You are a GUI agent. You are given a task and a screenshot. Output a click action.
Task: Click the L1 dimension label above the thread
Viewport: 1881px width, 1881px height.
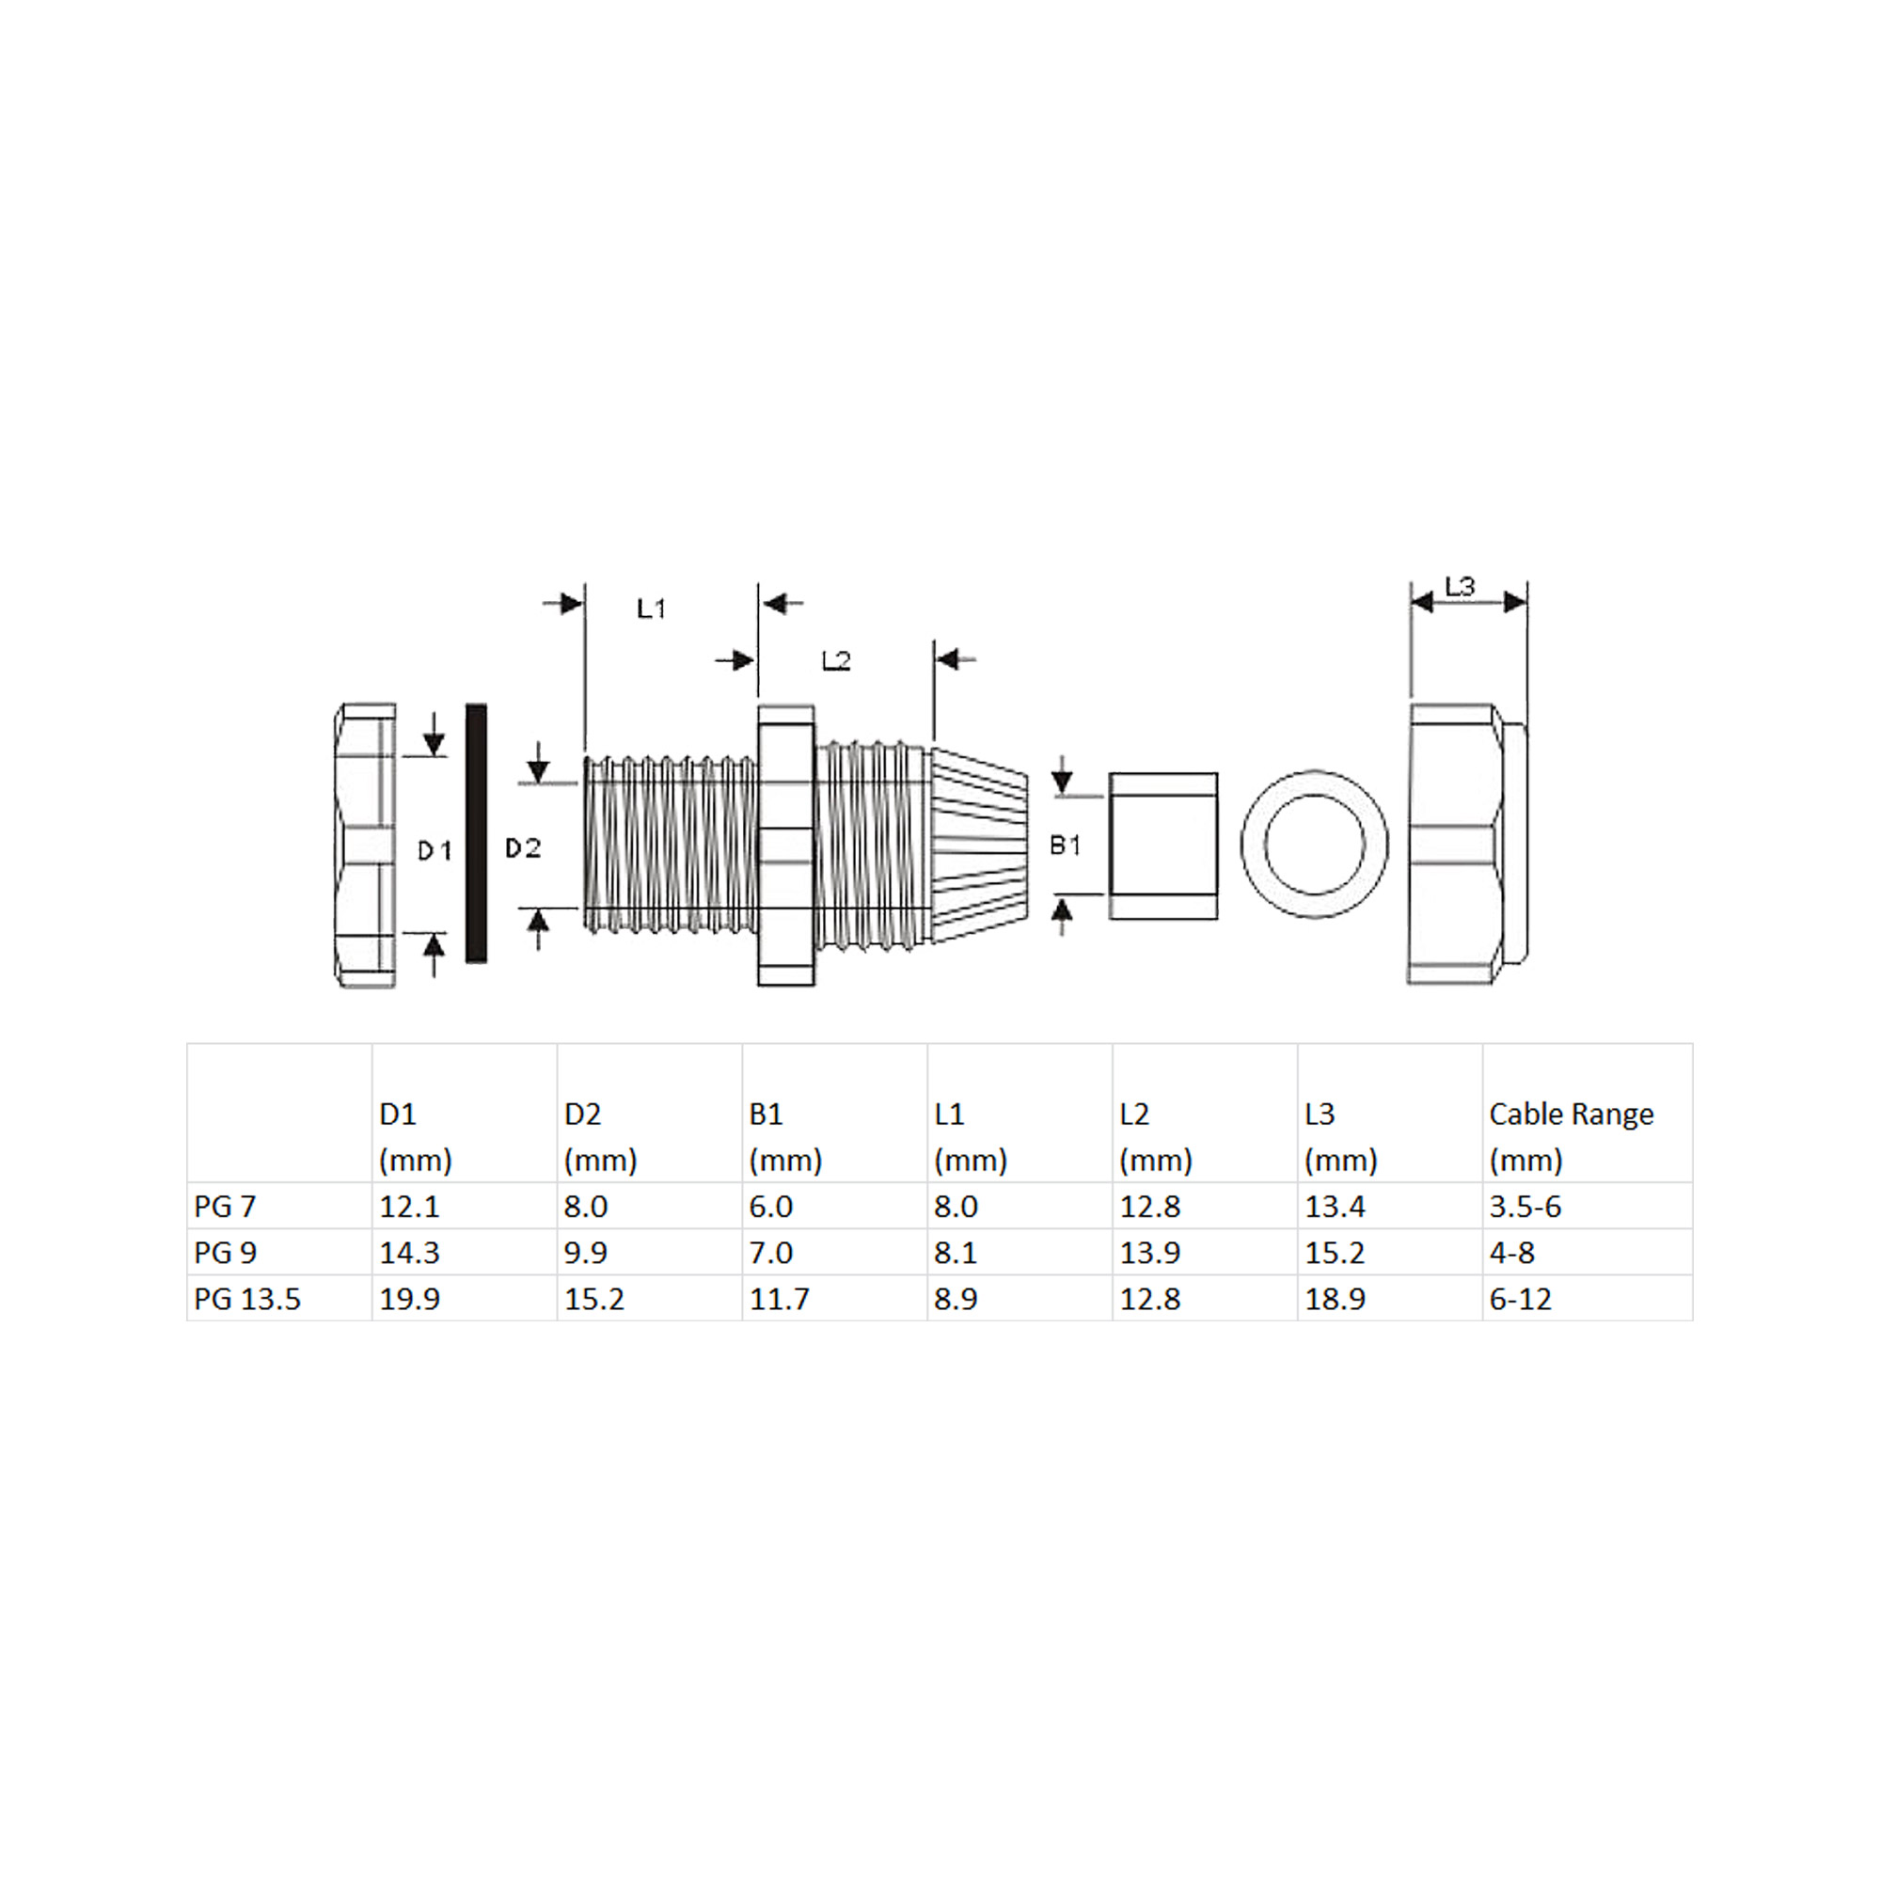pyautogui.click(x=651, y=609)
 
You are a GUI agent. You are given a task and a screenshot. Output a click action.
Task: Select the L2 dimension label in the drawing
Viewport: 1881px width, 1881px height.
pyautogui.click(x=835, y=661)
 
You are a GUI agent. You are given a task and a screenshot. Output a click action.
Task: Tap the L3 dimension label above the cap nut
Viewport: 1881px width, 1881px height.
pyautogui.click(x=1460, y=586)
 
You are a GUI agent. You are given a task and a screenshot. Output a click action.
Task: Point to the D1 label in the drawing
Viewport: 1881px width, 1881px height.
pyautogui.click(x=435, y=851)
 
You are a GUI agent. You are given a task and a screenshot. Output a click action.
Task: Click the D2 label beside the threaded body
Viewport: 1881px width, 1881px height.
pyautogui.click(x=523, y=848)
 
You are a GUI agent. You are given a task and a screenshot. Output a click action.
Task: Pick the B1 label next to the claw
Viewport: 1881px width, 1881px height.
pyautogui.click(x=1066, y=846)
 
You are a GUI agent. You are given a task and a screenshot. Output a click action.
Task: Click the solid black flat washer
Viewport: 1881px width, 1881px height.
pyautogui.click(x=476, y=833)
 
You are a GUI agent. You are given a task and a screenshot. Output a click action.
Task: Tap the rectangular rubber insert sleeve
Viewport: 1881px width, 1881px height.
pyautogui.click(x=1162, y=846)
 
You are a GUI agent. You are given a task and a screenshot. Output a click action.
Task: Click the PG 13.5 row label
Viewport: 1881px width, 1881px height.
pyautogui.click(x=247, y=1299)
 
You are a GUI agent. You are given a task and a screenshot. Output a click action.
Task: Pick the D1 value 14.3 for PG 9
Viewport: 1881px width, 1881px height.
pyautogui.click(x=409, y=1252)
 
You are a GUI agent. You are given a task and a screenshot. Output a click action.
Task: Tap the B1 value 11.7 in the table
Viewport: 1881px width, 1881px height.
pyautogui.click(x=779, y=1299)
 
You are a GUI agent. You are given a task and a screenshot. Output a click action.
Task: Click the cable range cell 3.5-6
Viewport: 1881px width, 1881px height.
pyautogui.click(x=1525, y=1207)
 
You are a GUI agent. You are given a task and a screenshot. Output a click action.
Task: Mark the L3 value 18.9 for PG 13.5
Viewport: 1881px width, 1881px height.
pyautogui.click(x=1334, y=1299)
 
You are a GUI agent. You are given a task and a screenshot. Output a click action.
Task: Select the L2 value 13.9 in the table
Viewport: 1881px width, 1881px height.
pyautogui.click(x=1149, y=1252)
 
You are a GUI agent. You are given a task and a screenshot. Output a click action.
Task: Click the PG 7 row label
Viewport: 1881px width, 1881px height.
pyautogui.click(x=225, y=1207)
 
